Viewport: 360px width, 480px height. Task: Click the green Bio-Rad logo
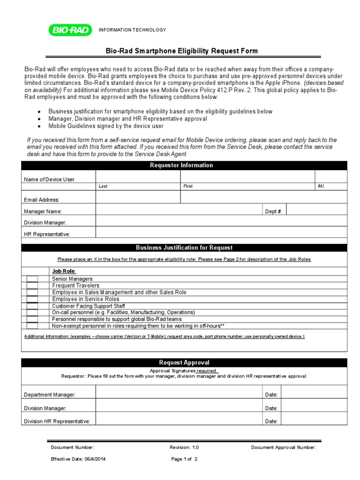point(69,30)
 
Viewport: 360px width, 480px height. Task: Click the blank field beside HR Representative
point(221,233)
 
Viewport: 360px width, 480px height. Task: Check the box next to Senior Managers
point(32,279)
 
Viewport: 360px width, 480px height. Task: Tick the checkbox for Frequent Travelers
point(32,285)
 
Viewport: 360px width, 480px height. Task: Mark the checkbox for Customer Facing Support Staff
point(32,306)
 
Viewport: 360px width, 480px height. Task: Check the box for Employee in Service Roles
point(32,299)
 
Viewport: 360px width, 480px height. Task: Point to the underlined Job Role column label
point(64,271)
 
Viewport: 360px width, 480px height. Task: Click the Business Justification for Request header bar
point(184,247)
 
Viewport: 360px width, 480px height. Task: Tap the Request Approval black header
point(184,363)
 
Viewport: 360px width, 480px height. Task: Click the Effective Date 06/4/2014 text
point(78,459)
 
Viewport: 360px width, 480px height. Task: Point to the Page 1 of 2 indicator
point(184,459)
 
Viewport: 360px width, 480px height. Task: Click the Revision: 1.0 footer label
point(184,448)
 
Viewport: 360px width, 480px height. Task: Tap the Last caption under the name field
point(103,186)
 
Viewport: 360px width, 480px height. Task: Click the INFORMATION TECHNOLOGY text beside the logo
point(132,30)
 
